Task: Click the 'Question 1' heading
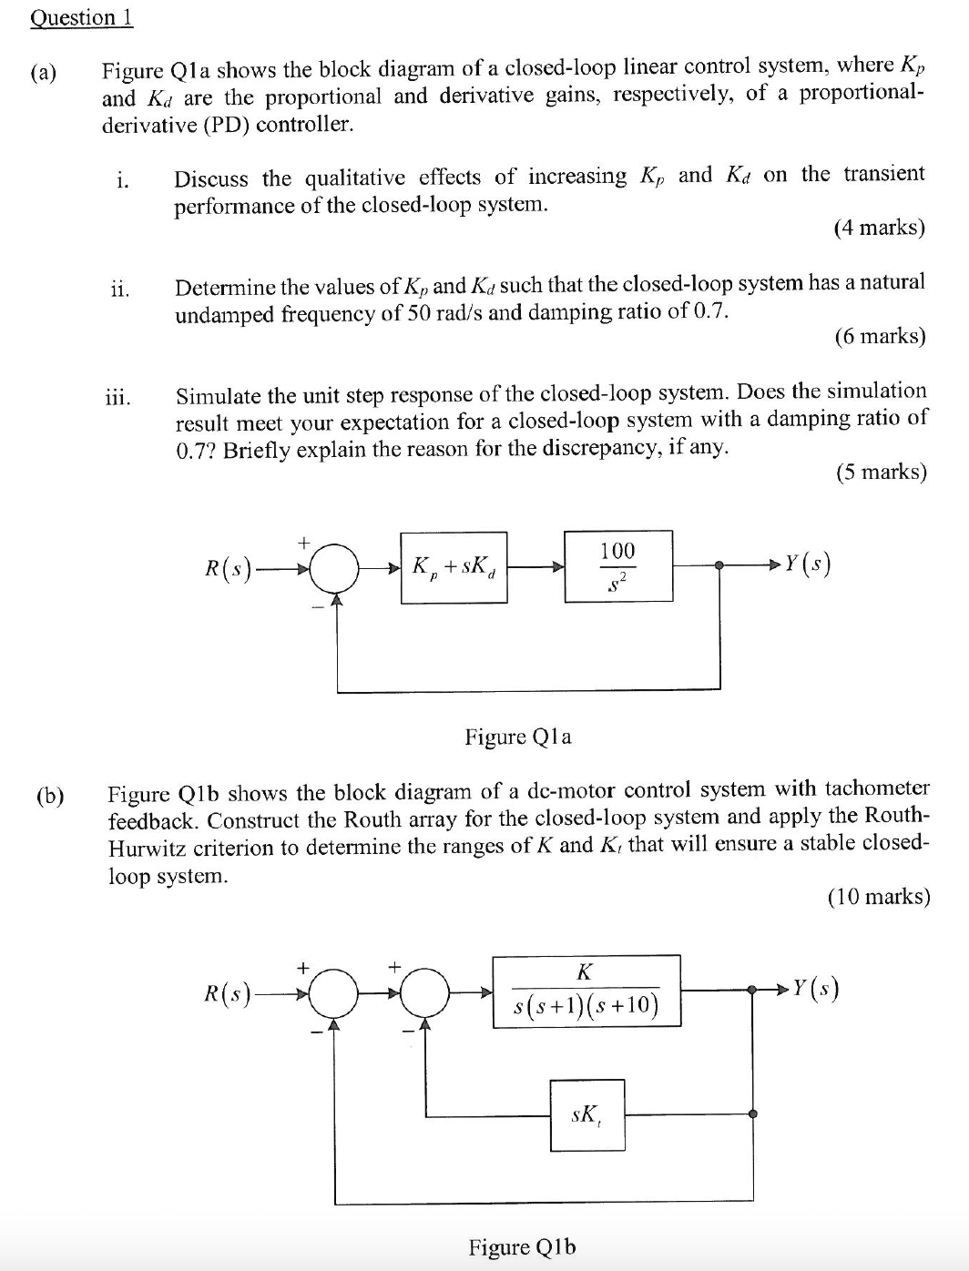pyautogui.click(x=81, y=17)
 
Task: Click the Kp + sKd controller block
pyautogui.click(x=454, y=566)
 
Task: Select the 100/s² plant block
pyautogui.click(x=617, y=565)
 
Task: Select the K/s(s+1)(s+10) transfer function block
pyautogui.click(x=586, y=991)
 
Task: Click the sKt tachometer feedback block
pyautogui.click(x=586, y=1114)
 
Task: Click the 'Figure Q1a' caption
pyautogui.click(x=518, y=736)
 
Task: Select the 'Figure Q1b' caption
pyautogui.click(x=522, y=1246)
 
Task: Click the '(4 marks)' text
pyautogui.click(x=879, y=228)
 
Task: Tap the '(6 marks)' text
pyautogui.click(x=879, y=337)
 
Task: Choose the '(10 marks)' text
pyautogui.click(x=878, y=897)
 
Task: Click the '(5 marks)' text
pyautogui.click(x=880, y=472)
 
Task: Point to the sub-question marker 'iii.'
pyautogui.click(x=117, y=397)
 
